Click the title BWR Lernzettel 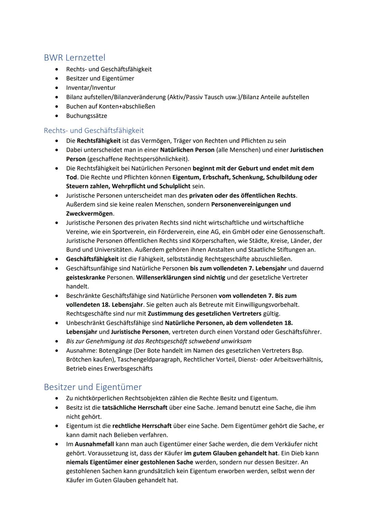[74, 57]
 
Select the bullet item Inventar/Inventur [91, 88]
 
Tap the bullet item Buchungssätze [86, 116]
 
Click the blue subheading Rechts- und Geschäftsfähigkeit [94, 130]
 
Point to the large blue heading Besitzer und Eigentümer [93, 387]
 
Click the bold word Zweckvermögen [89, 214]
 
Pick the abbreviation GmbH [241, 232]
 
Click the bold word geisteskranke [85, 277]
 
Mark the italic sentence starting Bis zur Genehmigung [159, 341]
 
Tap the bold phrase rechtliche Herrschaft [142, 426]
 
